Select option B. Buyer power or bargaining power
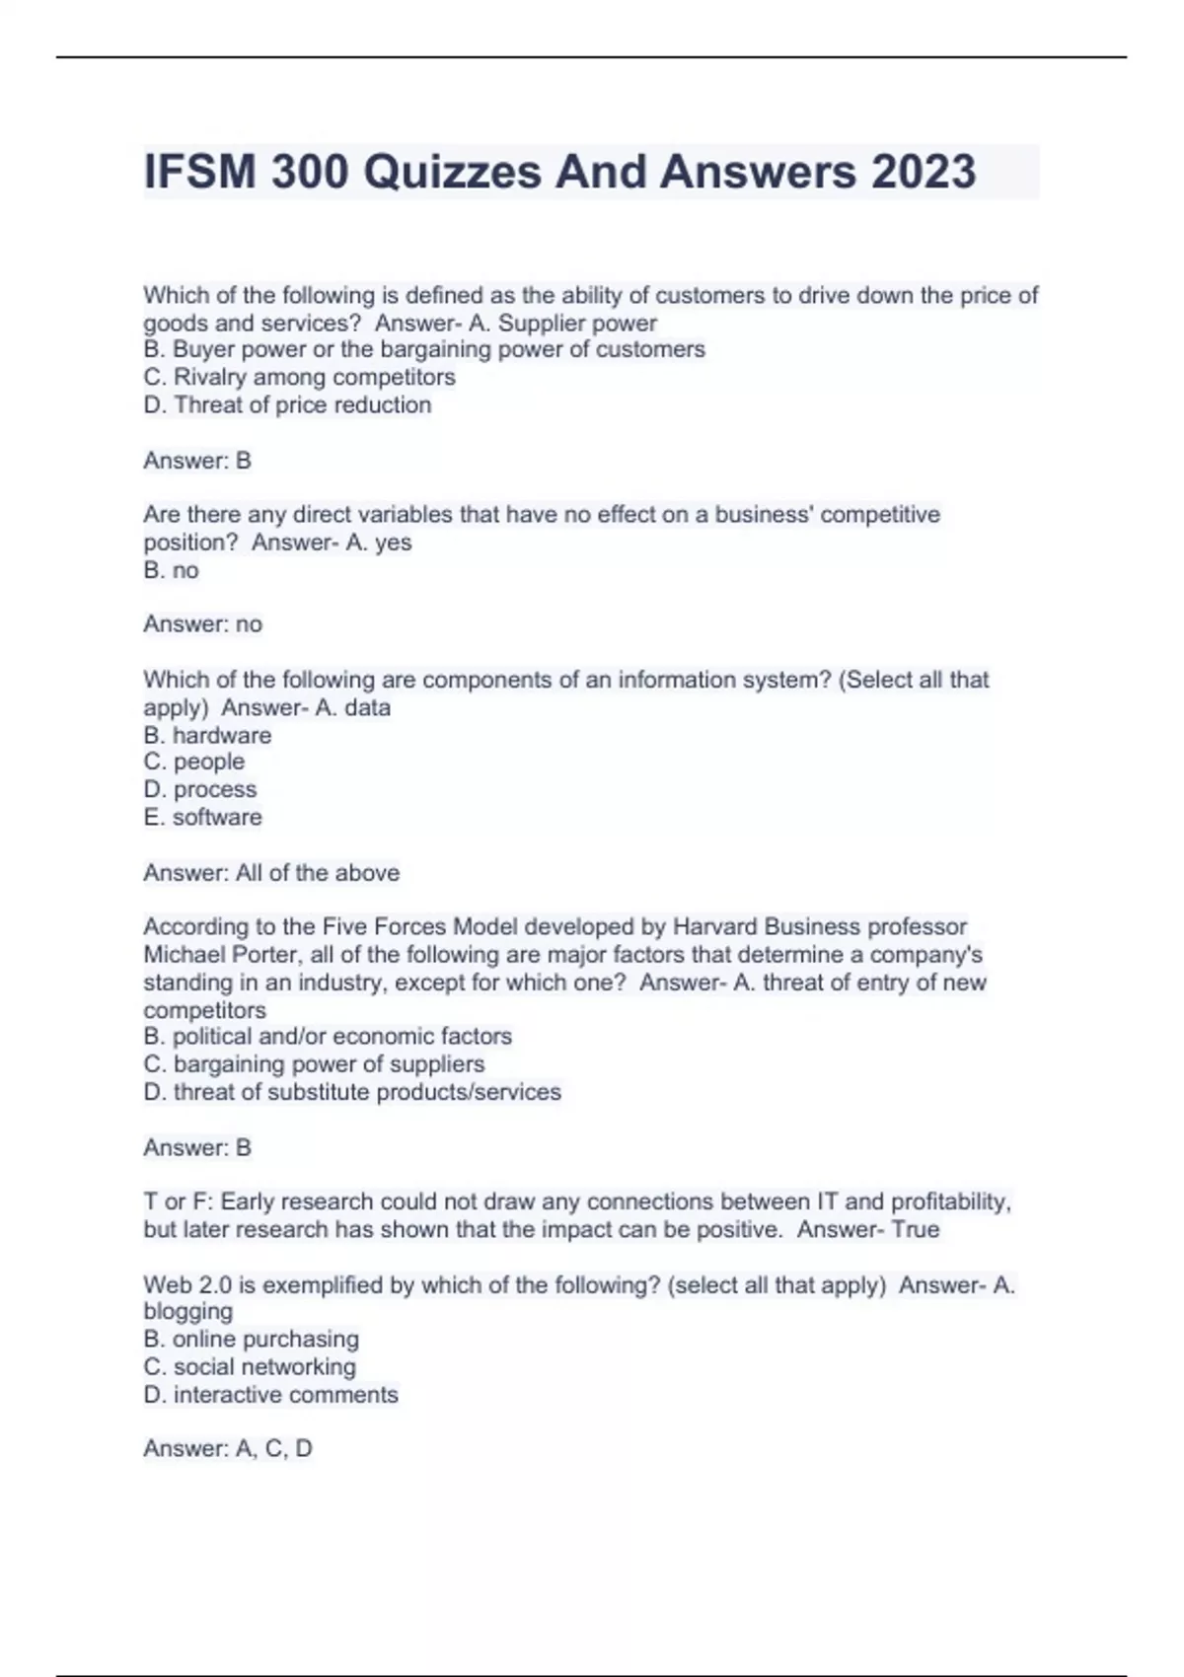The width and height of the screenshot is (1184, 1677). coord(424,349)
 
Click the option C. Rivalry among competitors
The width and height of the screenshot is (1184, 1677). coord(299,377)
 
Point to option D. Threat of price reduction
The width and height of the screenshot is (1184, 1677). coord(287,404)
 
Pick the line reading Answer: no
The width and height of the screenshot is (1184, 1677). coord(202,623)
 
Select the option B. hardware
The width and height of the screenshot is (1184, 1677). coord(207,735)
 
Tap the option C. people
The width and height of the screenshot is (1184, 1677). coord(194,762)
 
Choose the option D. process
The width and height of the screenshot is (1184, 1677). coord(199,789)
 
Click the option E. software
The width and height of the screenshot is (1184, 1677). coord(202,817)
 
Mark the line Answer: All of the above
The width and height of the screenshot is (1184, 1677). coord(271,872)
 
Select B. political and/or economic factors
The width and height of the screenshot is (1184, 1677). coord(328,1036)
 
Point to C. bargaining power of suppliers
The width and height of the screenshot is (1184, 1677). coord(314,1063)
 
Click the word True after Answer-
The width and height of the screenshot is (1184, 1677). coord(915,1229)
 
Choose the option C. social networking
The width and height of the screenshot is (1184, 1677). coord(250,1366)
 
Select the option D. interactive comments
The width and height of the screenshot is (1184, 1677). coord(270,1394)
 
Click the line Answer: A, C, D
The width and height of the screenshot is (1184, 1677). coord(228,1448)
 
